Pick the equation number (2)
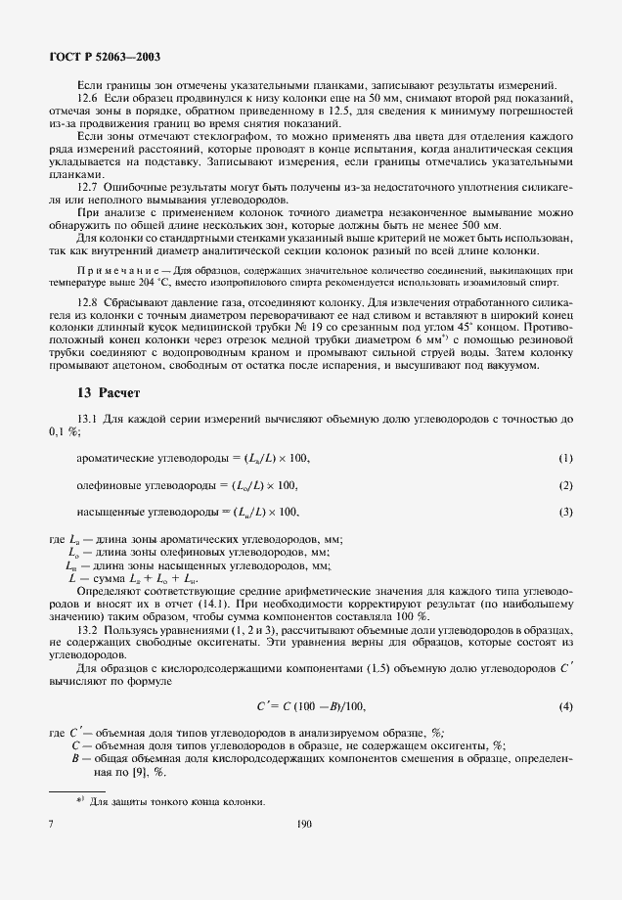pos(565,486)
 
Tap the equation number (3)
pos(565,512)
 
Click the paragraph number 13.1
pos(88,419)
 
